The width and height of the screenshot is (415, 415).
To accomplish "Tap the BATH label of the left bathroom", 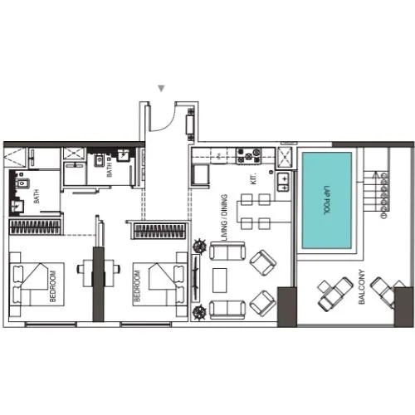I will click(x=37, y=197).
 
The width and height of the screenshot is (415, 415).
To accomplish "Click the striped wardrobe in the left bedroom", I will click(x=35, y=227).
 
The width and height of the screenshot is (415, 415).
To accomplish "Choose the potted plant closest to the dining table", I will click(x=199, y=245).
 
